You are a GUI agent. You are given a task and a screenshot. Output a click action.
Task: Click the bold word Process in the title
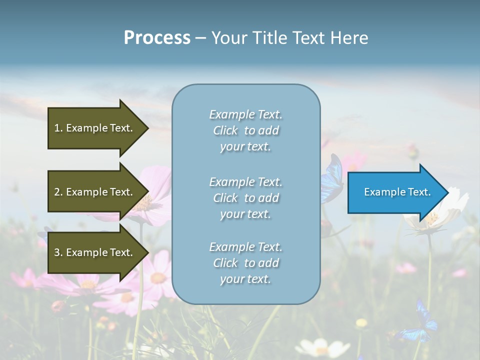pyautogui.click(x=157, y=38)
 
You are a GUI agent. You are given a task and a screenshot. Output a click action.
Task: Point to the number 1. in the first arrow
pyautogui.click(x=58, y=128)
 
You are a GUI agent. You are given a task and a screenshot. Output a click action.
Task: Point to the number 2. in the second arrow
pyautogui.click(x=58, y=192)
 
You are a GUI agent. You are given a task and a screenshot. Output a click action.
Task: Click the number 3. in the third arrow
pyautogui.click(x=58, y=252)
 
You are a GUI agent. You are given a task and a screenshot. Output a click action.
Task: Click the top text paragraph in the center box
pyautogui.click(x=245, y=130)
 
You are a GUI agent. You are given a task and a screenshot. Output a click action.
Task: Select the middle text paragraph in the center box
pyautogui.click(x=245, y=198)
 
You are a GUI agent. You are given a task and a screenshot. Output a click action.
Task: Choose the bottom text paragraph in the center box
pyautogui.click(x=245, y=263)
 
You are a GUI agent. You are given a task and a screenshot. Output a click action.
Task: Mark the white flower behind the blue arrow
pyautogui.click(x=440, y=215)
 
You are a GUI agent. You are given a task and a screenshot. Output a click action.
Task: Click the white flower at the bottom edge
pyautogui.click(x=318, y=347)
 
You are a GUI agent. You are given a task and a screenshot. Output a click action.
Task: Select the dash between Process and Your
pyautogui.click(x=200, y=38)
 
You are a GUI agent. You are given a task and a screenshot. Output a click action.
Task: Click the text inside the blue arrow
pyautogui.click(x=397, y=192)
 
